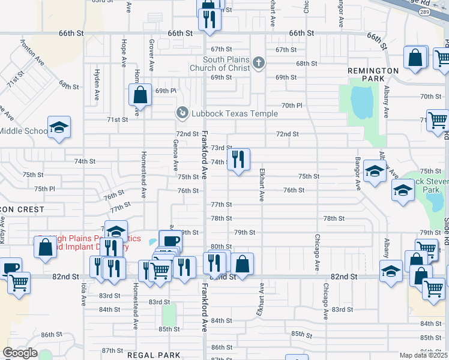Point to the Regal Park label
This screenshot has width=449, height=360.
(x=154, y=355)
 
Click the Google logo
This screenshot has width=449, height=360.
(x=20, y=353)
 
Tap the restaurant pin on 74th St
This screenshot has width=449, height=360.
(x=238, y=160)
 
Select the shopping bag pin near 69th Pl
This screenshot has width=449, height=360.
(x=140, y=95)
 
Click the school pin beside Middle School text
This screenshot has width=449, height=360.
(x=59, y=128)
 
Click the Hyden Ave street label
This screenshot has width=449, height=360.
(x=96, y=83)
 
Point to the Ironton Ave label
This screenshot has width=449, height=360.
(x=32, y=52)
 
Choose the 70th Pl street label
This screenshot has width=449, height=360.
(x=292, y=105)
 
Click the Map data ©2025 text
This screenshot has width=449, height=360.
(x=423, y=355)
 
